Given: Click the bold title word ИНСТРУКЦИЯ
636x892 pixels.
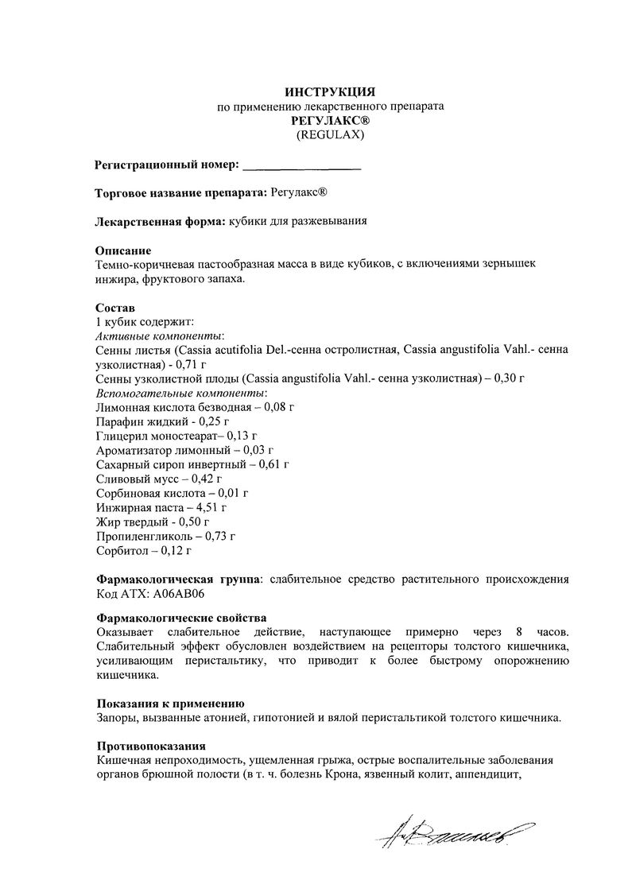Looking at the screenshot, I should [330, 91].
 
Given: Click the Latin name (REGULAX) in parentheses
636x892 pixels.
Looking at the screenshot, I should [330, 134].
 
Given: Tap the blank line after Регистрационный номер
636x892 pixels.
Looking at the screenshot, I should [301, 167].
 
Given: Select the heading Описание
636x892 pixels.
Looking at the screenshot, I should [123, 250].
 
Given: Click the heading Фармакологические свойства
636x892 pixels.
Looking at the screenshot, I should [181, 618].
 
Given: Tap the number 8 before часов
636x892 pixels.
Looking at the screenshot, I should [518, 632].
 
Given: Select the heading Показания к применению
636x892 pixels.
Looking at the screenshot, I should [169, 704].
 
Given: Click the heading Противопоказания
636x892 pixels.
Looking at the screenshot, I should [151, 747].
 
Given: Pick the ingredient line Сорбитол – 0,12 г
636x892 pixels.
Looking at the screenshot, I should [144, 549].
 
